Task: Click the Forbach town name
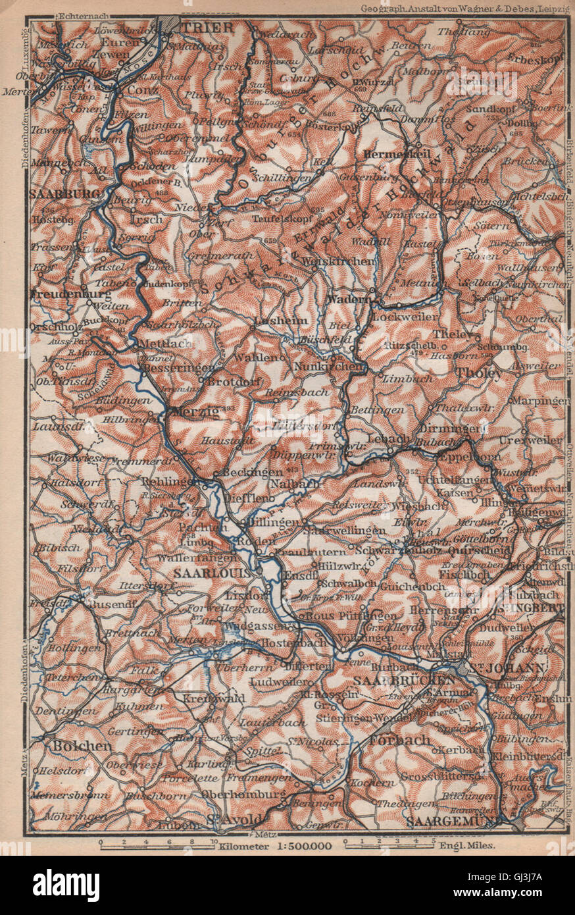click(399, 739)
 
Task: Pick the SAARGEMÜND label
click(453, 821)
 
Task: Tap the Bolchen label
click(73, 745)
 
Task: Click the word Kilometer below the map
click(244, 847)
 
